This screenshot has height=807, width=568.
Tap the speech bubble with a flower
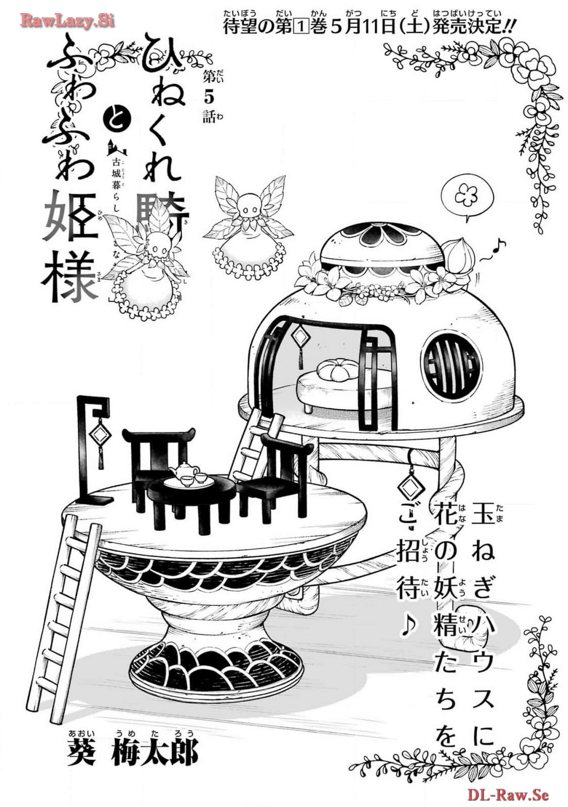(x=465, y=195)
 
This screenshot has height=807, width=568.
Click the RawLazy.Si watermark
(x=67, y=21)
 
